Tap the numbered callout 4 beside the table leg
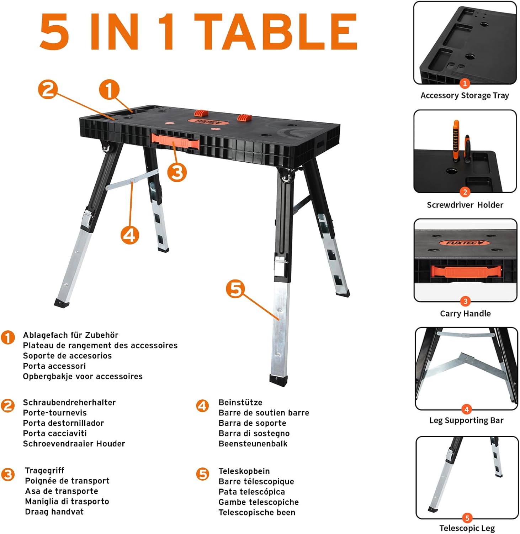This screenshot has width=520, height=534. [x=129, y=235]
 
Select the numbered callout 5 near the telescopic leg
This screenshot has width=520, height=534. [x=235, y=289]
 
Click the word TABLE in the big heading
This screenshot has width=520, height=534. [x=276, y=32]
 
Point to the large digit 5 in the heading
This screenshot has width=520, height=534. [x=54, y=32]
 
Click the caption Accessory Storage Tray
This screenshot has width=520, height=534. [x=465, y=95]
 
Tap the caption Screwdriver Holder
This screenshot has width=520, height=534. [x=465, y=205]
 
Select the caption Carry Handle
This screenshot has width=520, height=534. [x=465, y=314]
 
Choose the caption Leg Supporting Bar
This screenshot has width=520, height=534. [x=466, y=420]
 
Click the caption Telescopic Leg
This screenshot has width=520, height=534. [x=467, y=528]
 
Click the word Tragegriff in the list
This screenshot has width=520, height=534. [x=44, y=471]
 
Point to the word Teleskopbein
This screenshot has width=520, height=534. [x=244, y=471]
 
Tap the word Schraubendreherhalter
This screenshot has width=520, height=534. [x=69, y=402]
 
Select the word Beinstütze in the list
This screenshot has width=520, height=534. [x=240, y=402]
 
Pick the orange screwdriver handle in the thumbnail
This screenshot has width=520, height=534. [x=456, y=141]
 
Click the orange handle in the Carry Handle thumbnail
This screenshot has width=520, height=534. [x=466, y=271]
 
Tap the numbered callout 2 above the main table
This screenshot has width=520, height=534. [x=48, y=89]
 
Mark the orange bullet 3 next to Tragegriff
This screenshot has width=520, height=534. [x=8, y=474]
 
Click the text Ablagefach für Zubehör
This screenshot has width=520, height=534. [x=70, y=335]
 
